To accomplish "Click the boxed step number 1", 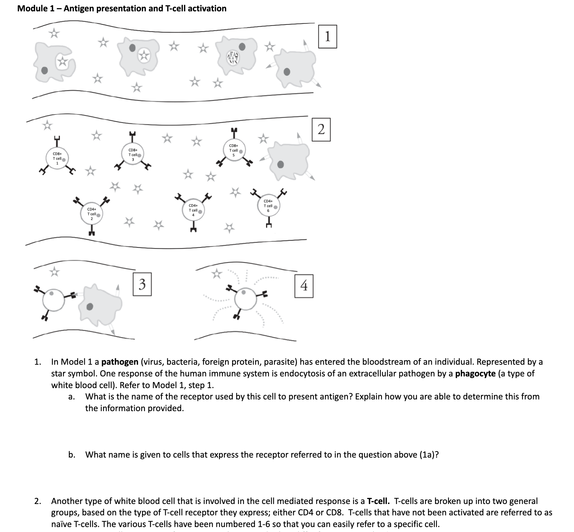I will tap(327, 37).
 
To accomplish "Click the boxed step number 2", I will tap(321, 130).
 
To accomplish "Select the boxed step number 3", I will tap(142, 284).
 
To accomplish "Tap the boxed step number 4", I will tap(304, 286).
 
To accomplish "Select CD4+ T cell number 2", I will tap(92, 214).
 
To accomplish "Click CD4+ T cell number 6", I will tap(268, 206).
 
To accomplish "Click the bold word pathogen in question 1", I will tap(120, 362).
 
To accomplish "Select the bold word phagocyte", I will tap(475, 374).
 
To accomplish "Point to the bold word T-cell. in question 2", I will tap(378, 501).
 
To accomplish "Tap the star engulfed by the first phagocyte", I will tap(63, 62).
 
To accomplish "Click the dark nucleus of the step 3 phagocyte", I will tap(91, 307).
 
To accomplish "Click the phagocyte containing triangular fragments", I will tap(232, 57).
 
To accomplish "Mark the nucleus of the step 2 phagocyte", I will tap(281, 164).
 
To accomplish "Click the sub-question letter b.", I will tap(72, 455).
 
